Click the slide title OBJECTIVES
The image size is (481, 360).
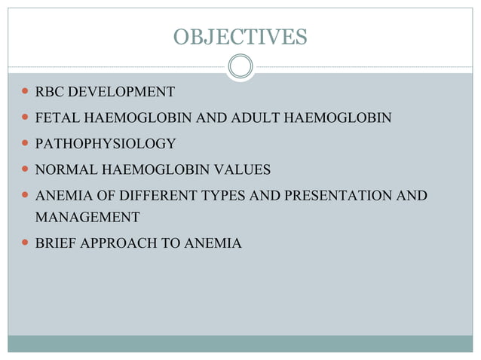[x=240, y=36]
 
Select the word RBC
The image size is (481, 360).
[x=49, y=93]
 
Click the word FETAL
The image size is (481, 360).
[x=55, y=118]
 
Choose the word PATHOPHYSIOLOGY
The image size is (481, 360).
[x=106, y=144]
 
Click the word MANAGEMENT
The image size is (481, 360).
[x=87, y=218]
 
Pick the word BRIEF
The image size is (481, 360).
[x=54, y=243]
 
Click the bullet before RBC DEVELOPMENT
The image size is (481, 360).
[x=26, y=93]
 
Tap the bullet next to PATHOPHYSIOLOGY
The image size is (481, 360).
[x=26, y=144]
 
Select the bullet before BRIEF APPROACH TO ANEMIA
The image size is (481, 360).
[x=26, y=243]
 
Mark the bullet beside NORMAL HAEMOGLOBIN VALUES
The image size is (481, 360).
[x=26, y=169]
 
